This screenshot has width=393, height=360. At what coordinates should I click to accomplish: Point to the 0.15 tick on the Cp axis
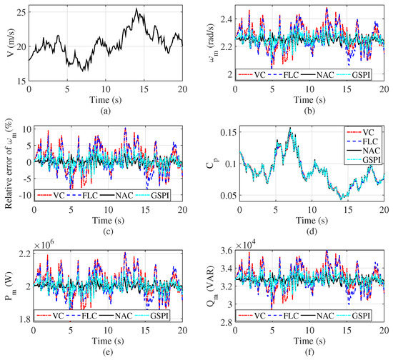[x=224, y=132]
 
